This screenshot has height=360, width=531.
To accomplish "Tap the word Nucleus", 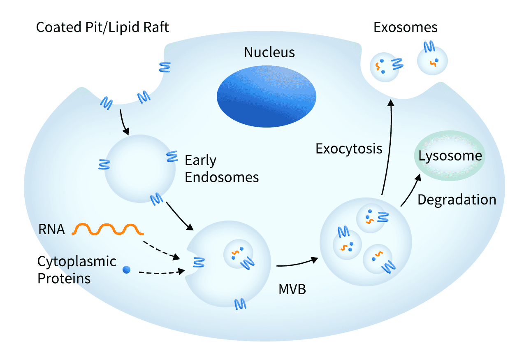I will pyautogui.click(x=269, y=53).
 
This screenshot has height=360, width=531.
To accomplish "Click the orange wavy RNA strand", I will pyautogui.click(x=108, y=229).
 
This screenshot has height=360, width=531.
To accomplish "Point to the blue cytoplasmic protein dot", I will pyautogui.click(x=127, y=270).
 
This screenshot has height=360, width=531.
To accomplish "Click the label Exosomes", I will pyautogui.click(x=405, y=28).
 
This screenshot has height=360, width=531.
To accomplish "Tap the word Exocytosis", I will pyautogui.click(x=349, y=149).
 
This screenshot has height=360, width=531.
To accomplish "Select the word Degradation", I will pyautogui.click(x=457, y=200).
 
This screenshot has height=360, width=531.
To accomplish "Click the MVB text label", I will pyautogui.click(x=292, y=289).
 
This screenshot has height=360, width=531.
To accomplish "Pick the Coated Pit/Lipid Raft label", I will pyautogui.click(x=102, y=28).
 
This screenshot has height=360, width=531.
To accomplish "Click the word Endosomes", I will pyautogui.click(x=222, y=177).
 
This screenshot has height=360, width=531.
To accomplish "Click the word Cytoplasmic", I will pyautogui.click(x=77, y=262).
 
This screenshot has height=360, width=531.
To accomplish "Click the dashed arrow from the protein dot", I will pyautogui.click(x=160, y=272).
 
